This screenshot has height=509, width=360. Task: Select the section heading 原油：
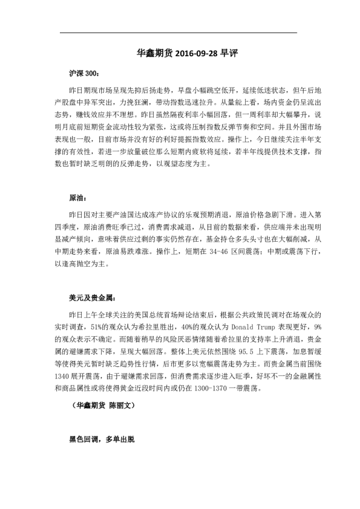click(x=78, y=198)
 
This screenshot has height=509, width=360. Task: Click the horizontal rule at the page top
click(x=179, y=32)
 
